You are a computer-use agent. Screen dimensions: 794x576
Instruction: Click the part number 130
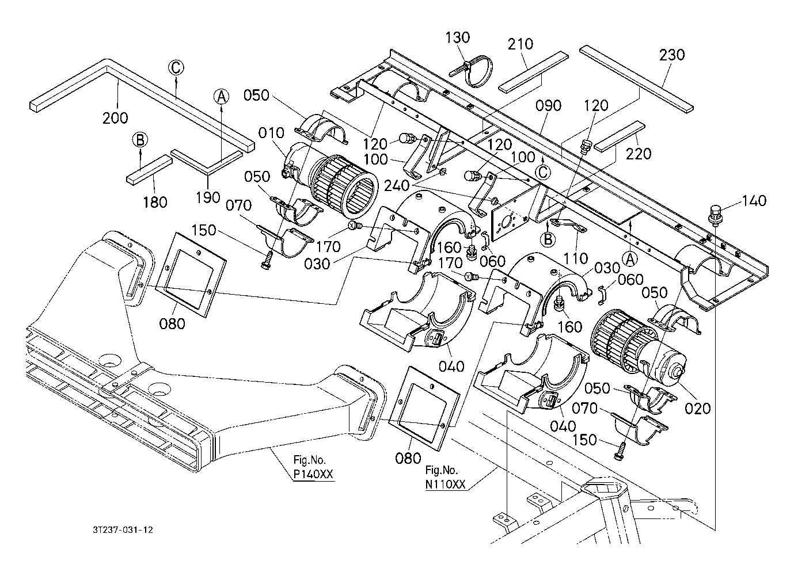coord(457,37)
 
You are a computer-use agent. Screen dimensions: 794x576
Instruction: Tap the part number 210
coord(521,44)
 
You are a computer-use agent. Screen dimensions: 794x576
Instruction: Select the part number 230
coord(672,55)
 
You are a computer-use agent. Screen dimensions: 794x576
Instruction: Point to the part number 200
coord(115,118)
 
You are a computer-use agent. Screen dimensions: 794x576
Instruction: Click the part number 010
coord(271,133)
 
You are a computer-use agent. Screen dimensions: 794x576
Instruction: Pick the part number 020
coord(698,409)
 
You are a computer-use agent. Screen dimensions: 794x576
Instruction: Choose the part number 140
coord(754,201)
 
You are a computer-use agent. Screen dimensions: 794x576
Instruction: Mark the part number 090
coord(548,105)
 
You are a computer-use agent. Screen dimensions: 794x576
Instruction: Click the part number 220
coord(639,154)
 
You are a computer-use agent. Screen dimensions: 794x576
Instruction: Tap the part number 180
coord(155,203)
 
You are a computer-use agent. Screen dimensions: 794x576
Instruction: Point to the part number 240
coord(396,185)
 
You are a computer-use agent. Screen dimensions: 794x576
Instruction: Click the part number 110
coord(576,258)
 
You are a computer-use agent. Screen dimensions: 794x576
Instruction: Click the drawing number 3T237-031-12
coord(123,530)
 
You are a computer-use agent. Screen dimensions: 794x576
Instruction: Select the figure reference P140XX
coord(313,474)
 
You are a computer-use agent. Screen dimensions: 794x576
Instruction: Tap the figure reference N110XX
coord(445,485)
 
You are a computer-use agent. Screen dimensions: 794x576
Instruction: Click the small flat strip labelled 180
coord(149,170)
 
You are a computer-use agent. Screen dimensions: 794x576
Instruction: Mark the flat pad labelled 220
coord(620,137)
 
